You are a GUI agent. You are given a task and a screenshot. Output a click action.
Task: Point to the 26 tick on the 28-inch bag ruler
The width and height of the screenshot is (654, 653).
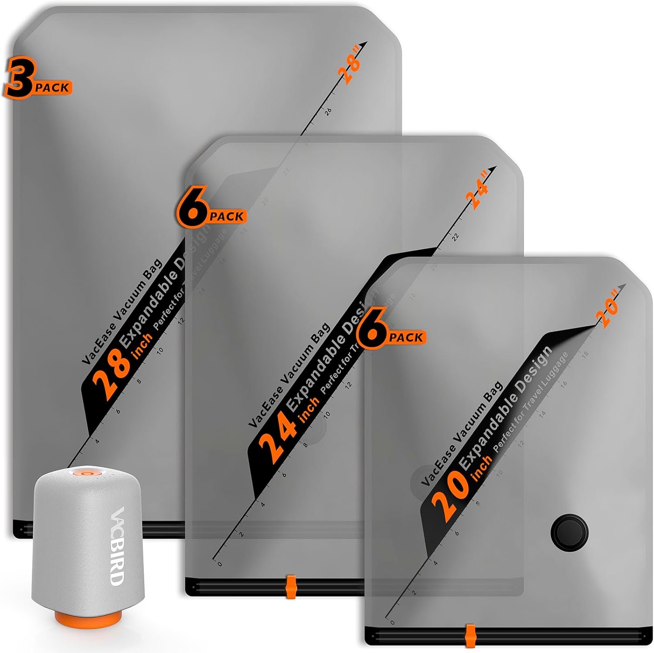pos(329,111)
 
